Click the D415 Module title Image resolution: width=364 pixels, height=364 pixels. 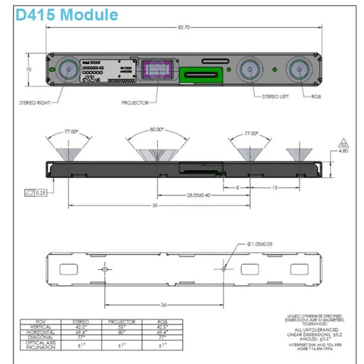point(66,15)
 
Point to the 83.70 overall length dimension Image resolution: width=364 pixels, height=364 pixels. point(183,28)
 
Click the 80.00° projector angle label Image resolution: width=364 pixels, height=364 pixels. point(157,129)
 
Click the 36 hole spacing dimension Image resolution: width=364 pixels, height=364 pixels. point(163,304)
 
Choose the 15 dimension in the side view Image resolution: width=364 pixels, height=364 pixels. point(275,187)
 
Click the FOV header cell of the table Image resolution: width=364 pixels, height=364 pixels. point(42,322)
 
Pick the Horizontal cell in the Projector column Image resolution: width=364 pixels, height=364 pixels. point(122,332)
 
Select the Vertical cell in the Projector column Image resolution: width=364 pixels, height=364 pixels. point(122,327)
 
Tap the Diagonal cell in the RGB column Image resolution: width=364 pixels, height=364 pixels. point(162,337)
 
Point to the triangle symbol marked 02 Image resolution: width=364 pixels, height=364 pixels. point(344,142)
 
